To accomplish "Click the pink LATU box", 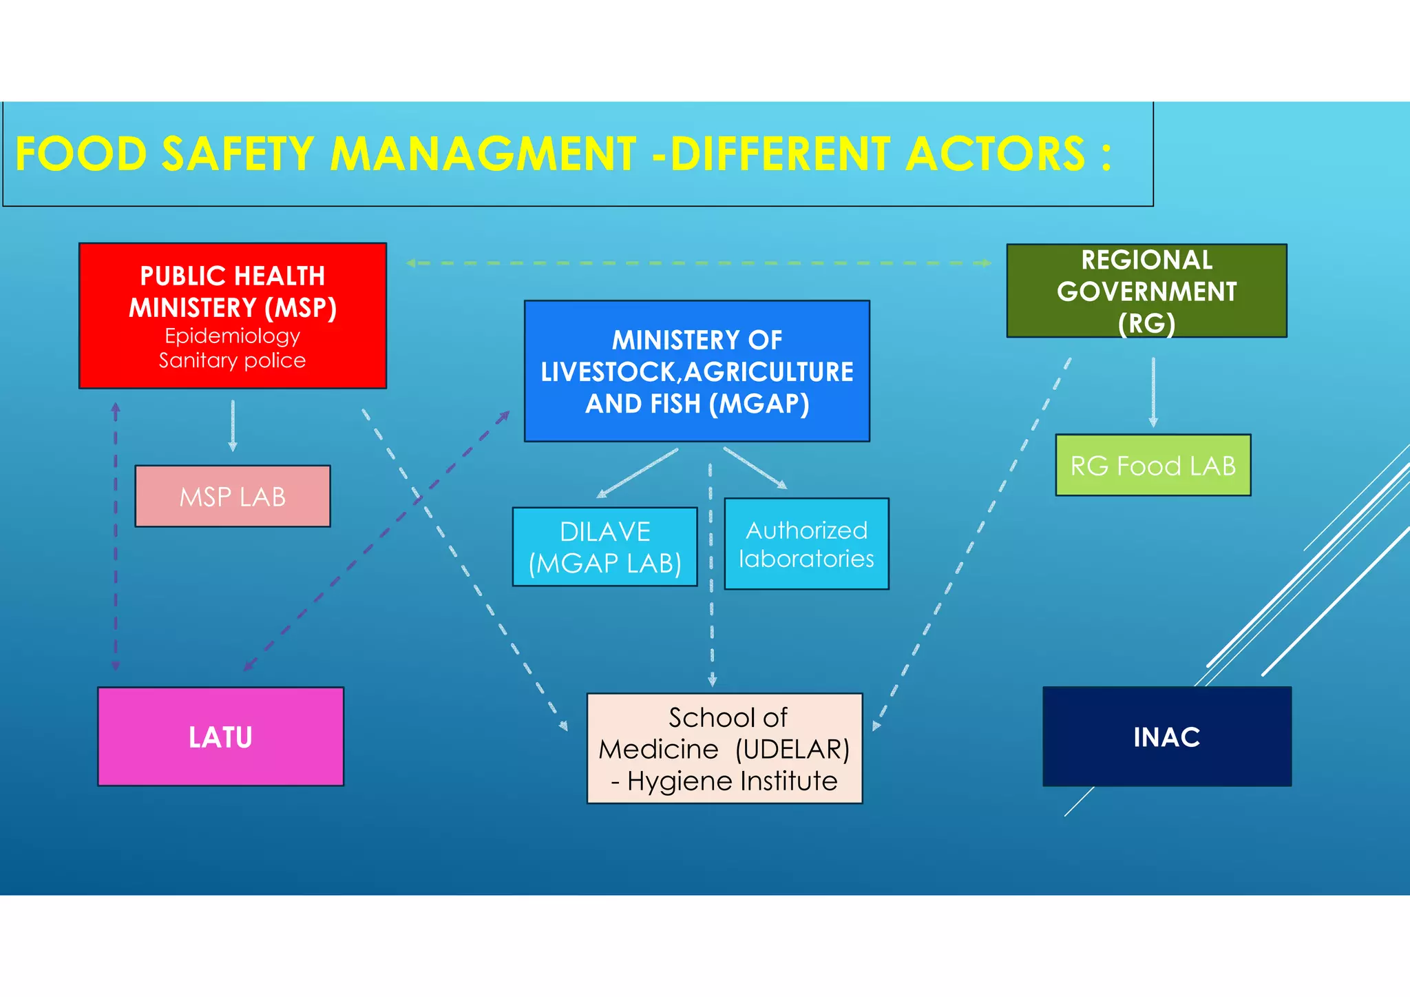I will [x=220, y=737].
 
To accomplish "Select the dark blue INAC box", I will [x=1166, y=737].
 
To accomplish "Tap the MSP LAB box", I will [x=233, y=496].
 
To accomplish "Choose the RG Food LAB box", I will [x=1153, y=465].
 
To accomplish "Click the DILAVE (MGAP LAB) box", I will [x=604, y=547].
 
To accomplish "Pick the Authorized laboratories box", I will [x=806, y=544].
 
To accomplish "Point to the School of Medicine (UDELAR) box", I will [x=724, y=748].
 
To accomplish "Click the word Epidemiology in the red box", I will [x=233, y=336].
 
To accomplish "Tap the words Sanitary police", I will [x=233, y=360].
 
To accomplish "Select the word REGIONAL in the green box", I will [x=1146, y=260].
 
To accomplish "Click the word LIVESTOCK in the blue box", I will [x=610, y=372].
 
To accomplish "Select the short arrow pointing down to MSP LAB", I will [x=233, y=426].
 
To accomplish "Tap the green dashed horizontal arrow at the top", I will [x=698, y=263].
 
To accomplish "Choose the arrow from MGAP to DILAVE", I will [x=638, y=473].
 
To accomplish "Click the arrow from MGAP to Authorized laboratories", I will [x=755, y=468].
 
